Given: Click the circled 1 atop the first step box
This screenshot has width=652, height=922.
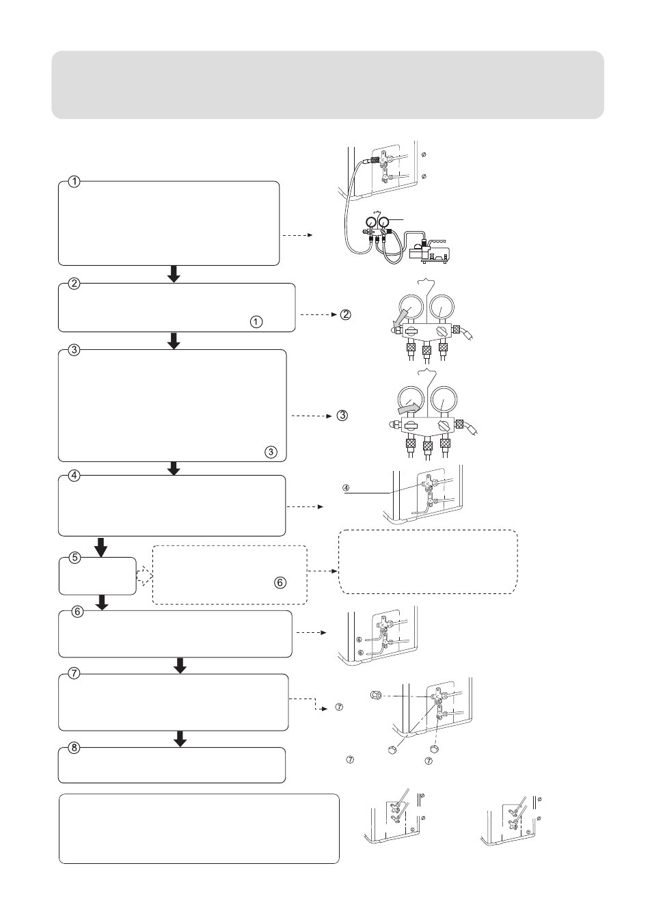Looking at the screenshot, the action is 74,181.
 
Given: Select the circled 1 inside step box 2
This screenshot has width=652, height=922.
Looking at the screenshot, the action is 256,322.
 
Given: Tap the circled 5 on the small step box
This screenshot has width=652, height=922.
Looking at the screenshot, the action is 74,557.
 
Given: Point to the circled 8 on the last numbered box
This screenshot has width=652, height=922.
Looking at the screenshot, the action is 74,748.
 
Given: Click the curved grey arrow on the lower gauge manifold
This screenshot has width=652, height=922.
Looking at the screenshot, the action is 408,409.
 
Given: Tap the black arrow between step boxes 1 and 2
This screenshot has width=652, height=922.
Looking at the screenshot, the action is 174,274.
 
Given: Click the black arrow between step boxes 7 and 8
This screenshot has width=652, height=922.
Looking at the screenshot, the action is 180,739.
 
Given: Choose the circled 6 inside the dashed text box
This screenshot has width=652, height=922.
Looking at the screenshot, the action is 280,582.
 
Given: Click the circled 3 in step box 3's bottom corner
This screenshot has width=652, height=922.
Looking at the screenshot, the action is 271,452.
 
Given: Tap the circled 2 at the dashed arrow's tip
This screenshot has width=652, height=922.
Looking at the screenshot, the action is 345,314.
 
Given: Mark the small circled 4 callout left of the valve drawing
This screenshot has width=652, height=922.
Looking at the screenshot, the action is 346,488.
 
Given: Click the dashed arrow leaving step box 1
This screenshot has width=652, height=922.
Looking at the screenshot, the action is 297,235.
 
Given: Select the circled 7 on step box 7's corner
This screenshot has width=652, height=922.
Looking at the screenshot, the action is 74,674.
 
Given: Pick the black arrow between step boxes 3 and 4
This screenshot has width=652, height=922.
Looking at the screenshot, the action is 174,468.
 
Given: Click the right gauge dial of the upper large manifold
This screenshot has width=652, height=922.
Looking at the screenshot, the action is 442,307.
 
